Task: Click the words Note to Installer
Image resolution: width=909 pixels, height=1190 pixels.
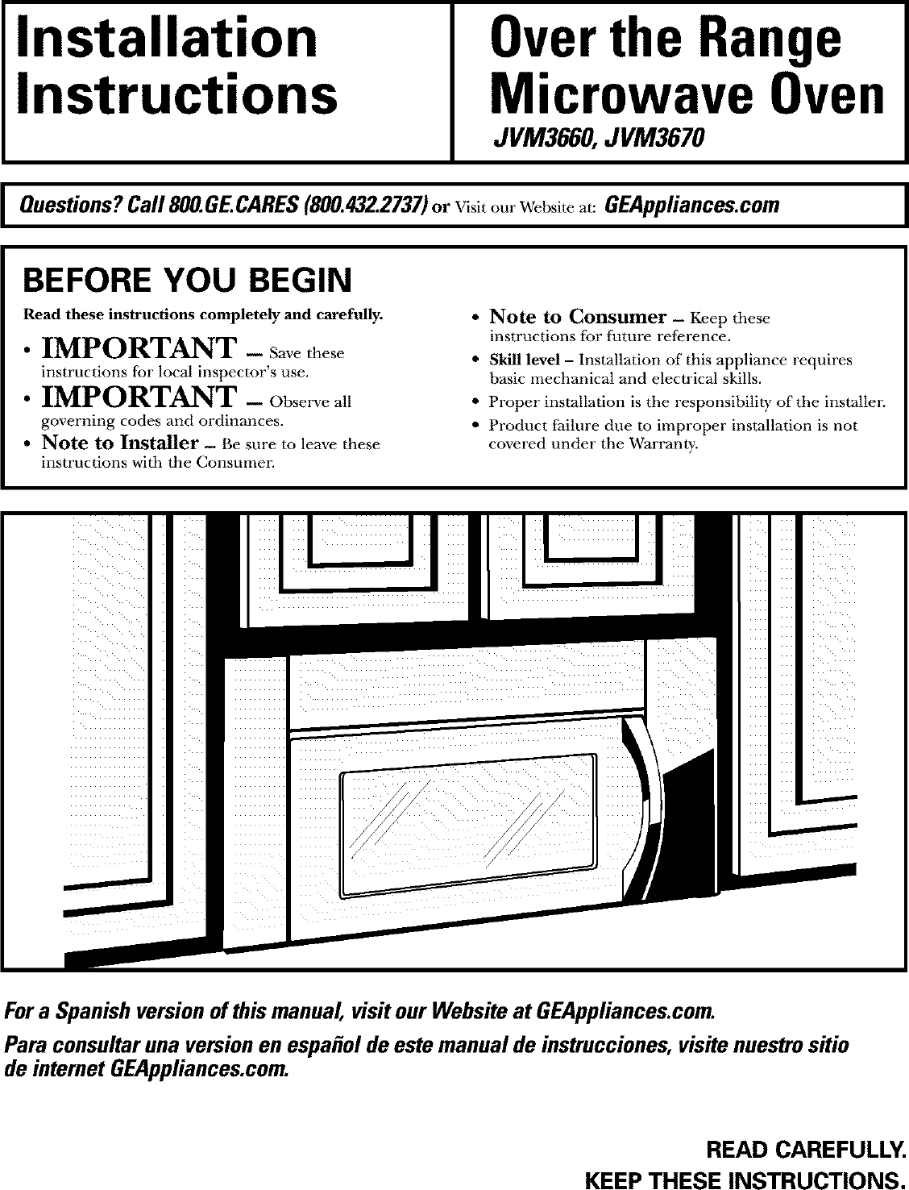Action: tap(120, 443)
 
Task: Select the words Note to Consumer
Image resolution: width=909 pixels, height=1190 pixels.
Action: tap(578, 316)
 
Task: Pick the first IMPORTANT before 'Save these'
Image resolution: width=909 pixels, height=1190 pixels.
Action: tap(139, 349)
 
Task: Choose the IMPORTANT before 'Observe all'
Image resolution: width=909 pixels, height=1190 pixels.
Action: tap(139, 397)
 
